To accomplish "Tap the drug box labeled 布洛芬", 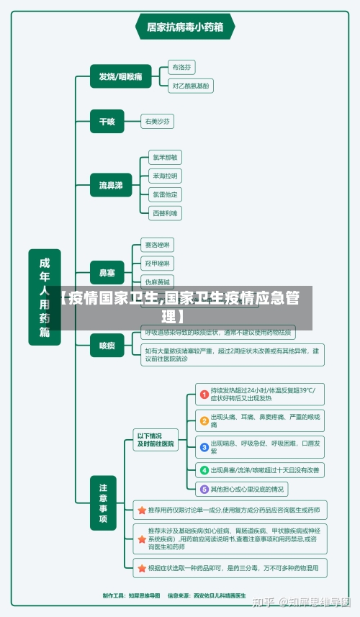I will pyautogui.click(x=181, y=67).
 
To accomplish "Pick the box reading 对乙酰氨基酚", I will pyautogui.click(x=191, y=85).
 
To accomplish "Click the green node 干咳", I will pyautogui.click(x=107, y=122).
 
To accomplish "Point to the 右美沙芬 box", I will pyautogui.click(x=158, y=122).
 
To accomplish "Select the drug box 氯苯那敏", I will pyautogui.click(x=165, y=157).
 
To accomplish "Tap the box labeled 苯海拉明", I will pyautogui.click(x=165, y=176).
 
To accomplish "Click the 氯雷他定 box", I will pyautogui.click(x=165, y=194).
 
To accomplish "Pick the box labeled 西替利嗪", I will pyautogui.click(x=165, y=213).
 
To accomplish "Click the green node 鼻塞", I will pyautogui.click(x=107, y=273).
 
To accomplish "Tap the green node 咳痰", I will pyautogui.click(x=107, y=345).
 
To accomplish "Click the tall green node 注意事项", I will pyautogui.click(x=103, y=503).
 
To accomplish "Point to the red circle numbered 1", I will pyautogui.click(x=204, y=394).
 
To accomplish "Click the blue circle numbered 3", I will pyautogui.click(x=204, y=446).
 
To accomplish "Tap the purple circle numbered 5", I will pyautogui.click(x=204, y=489).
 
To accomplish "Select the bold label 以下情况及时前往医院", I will pyautogui.click(x=156, y=440).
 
